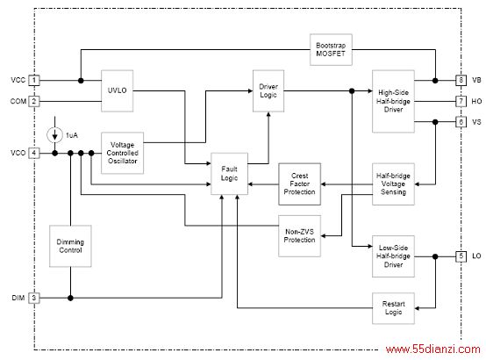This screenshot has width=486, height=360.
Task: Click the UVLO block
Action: [118, 91]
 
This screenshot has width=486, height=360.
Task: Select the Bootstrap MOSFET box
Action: [331, 50]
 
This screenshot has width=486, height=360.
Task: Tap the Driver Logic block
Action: [268, 91]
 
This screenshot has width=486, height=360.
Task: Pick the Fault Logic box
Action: [229, 174]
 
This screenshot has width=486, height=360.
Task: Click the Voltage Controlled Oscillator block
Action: [123, 153]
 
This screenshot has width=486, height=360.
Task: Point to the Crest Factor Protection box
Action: [300, 184]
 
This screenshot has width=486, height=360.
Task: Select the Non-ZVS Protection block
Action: [300, 236]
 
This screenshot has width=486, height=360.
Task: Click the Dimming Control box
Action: [70, 246]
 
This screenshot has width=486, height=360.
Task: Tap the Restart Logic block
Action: [393, 308]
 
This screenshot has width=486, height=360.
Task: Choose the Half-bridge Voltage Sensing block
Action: [393, 184]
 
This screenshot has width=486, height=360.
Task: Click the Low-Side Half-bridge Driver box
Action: [393, 256]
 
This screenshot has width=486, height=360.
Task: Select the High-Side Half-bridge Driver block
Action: [393, 101]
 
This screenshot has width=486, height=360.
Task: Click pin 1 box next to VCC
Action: [34, 81]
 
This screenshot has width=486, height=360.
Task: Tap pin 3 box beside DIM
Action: [34, 298]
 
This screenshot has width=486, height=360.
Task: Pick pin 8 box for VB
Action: [461, 81]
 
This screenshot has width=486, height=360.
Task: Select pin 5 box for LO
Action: [461, 256]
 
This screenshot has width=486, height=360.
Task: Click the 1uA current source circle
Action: [55, 135]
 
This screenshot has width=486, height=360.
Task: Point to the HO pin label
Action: [476, 101]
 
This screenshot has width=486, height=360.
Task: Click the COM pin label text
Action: [18, 101]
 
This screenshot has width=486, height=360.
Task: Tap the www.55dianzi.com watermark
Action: [433, 349]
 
